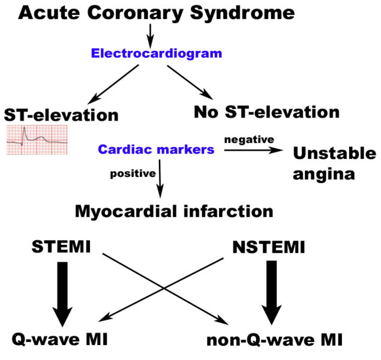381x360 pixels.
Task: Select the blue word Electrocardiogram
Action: click(157, 53)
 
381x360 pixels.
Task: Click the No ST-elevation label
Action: click(266, 112)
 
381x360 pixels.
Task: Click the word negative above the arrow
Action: click(249, 139)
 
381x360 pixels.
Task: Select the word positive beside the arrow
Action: click(132, 175)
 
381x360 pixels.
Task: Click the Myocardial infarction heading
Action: click(174, 211)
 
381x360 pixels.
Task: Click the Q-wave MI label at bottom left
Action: click(59, 340)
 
